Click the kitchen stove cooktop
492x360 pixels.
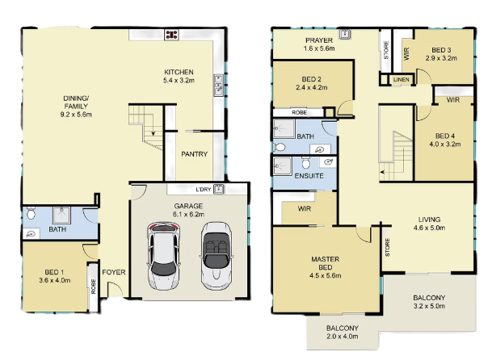click(172, 35)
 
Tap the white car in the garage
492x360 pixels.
click(163, 256)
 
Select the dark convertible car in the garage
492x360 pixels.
click(217, 256)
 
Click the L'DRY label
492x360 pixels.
click(204, 190)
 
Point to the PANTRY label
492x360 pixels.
click(194, 154)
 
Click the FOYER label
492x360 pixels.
click(114, 272)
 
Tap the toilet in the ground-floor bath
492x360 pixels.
click(31, 213)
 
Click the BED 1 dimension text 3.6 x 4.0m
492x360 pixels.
click(55, 280)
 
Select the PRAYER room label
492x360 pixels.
click(319, 40)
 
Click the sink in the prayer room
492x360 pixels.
click(344, 34)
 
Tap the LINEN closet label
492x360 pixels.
click(401, 80)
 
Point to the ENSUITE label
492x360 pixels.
click(309, 176)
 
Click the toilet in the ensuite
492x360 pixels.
click(305, 163)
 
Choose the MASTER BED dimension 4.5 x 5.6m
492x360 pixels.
click(326, 275)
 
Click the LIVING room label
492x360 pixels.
click(429, 220)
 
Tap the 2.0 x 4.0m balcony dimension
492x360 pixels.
click(343, 337)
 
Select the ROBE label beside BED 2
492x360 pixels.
click(300, 112)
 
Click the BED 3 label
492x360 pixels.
click(441, 50)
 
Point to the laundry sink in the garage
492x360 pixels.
click(219, 189)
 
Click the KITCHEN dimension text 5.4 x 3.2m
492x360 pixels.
click(179, 80)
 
